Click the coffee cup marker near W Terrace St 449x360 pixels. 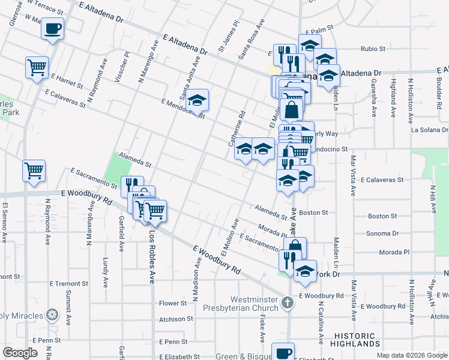pos(53,28)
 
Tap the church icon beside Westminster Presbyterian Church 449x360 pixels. pos(288,302)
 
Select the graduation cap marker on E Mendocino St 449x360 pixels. pos(196,100)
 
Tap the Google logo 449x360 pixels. pos(20,352)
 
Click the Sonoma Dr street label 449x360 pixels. pos(384,233)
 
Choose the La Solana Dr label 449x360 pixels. pos(429,130)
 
